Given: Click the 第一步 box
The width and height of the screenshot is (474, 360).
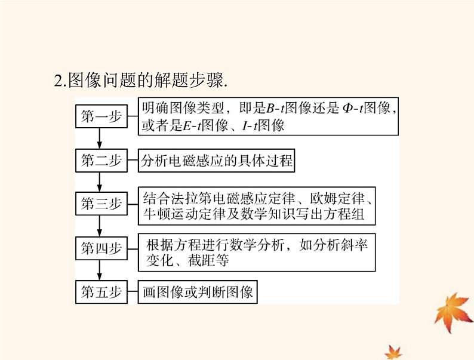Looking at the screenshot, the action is [101, 116].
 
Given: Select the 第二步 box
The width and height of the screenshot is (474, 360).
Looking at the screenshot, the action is [101, 161].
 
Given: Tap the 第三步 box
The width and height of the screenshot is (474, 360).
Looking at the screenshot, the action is [101, 204].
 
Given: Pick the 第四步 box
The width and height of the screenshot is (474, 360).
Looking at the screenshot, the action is [101, 248].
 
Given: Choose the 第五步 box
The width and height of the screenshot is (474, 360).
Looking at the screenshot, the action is [101, 292].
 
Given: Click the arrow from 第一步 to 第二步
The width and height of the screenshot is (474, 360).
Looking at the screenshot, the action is [100, 139].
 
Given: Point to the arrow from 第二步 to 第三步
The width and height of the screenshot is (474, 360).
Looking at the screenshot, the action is [100, 182].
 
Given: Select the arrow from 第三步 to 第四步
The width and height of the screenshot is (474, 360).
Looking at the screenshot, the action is [100, 226].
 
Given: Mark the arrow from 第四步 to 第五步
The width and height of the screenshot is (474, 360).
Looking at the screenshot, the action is [100, 270].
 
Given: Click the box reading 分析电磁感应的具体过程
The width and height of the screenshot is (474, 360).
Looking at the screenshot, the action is [216, 161].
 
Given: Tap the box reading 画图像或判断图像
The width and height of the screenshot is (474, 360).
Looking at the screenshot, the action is [198, 292].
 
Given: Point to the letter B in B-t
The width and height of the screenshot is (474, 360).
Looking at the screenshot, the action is [270, 108].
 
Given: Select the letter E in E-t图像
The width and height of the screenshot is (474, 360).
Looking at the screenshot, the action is [187, 126].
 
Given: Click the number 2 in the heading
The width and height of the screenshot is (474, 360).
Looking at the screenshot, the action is [58, 81].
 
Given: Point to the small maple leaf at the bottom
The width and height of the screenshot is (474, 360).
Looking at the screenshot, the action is [393, 352].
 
